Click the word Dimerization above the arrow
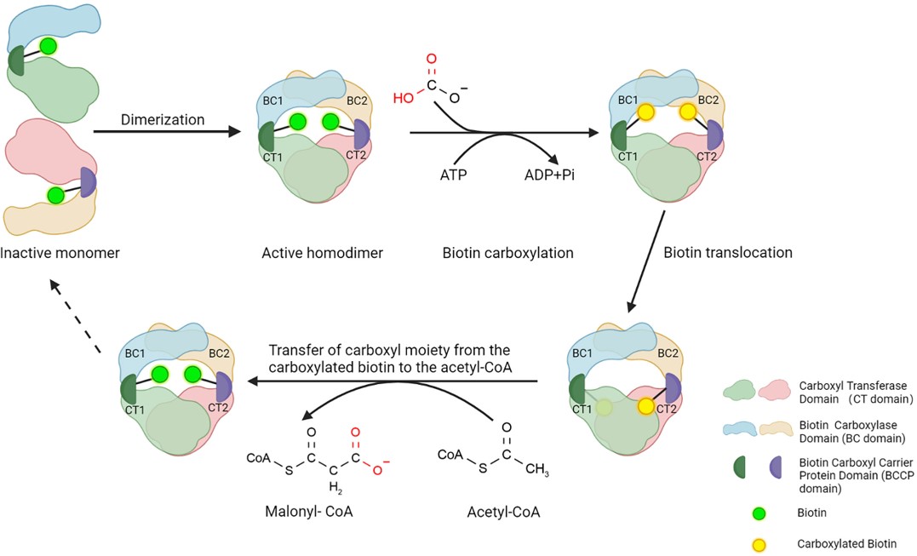coord(162,119)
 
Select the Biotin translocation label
coord(730,252)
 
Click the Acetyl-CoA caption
coord(504,512)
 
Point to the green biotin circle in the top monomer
coord(49,47)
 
